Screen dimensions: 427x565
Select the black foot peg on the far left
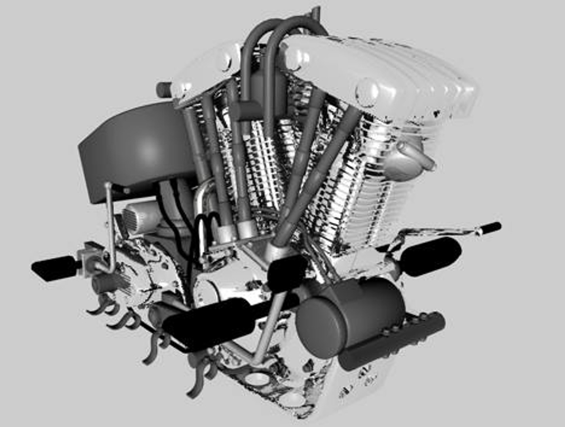(53, 268)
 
